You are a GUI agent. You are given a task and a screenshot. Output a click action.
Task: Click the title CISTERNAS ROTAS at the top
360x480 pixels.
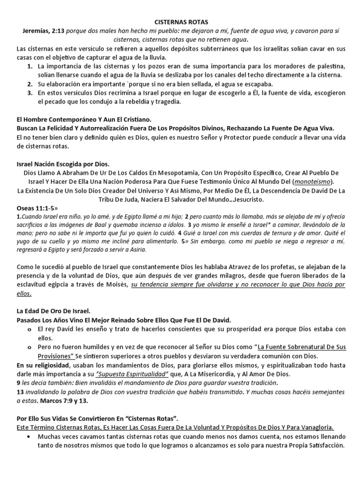(180, 22)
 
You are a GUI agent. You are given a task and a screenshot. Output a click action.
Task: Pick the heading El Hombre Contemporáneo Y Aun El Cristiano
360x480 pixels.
(90, 120)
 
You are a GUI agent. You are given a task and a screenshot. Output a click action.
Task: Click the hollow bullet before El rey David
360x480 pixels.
(29, 329)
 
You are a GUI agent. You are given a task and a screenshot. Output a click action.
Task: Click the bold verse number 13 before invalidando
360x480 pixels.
(20, 391)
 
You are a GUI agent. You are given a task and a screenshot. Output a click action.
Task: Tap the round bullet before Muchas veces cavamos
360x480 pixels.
(29, 436)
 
